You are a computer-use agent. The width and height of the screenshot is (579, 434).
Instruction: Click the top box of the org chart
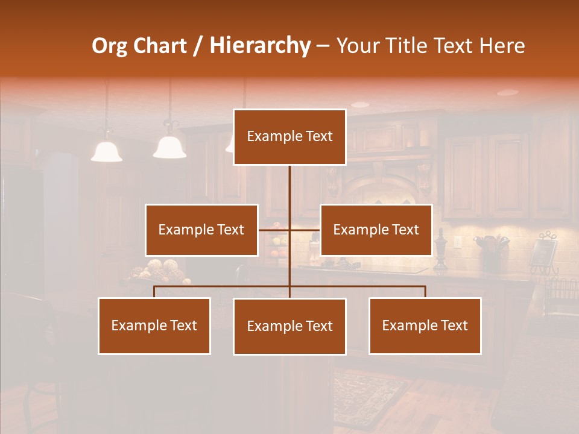click(289, 137)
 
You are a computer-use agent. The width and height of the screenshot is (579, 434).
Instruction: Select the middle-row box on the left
click(201, 230)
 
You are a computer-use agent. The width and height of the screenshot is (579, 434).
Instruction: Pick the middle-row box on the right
click(376, 230)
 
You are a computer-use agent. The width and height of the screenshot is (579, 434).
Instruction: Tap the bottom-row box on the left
click(154, 325)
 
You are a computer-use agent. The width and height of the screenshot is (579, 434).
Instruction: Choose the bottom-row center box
click(289, 326)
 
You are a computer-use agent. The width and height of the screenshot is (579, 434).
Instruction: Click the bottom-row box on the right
click(425, 325)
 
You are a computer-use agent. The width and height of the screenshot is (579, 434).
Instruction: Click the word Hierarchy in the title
click(260, 46)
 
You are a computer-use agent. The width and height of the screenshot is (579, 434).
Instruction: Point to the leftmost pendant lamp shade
click(107, 151)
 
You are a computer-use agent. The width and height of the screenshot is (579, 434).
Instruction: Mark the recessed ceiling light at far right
click(507, 93)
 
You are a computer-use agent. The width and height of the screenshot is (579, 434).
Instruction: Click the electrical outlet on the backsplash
click(458, 243)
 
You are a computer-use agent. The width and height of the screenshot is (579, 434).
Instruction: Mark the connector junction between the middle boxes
click(289, 230)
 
